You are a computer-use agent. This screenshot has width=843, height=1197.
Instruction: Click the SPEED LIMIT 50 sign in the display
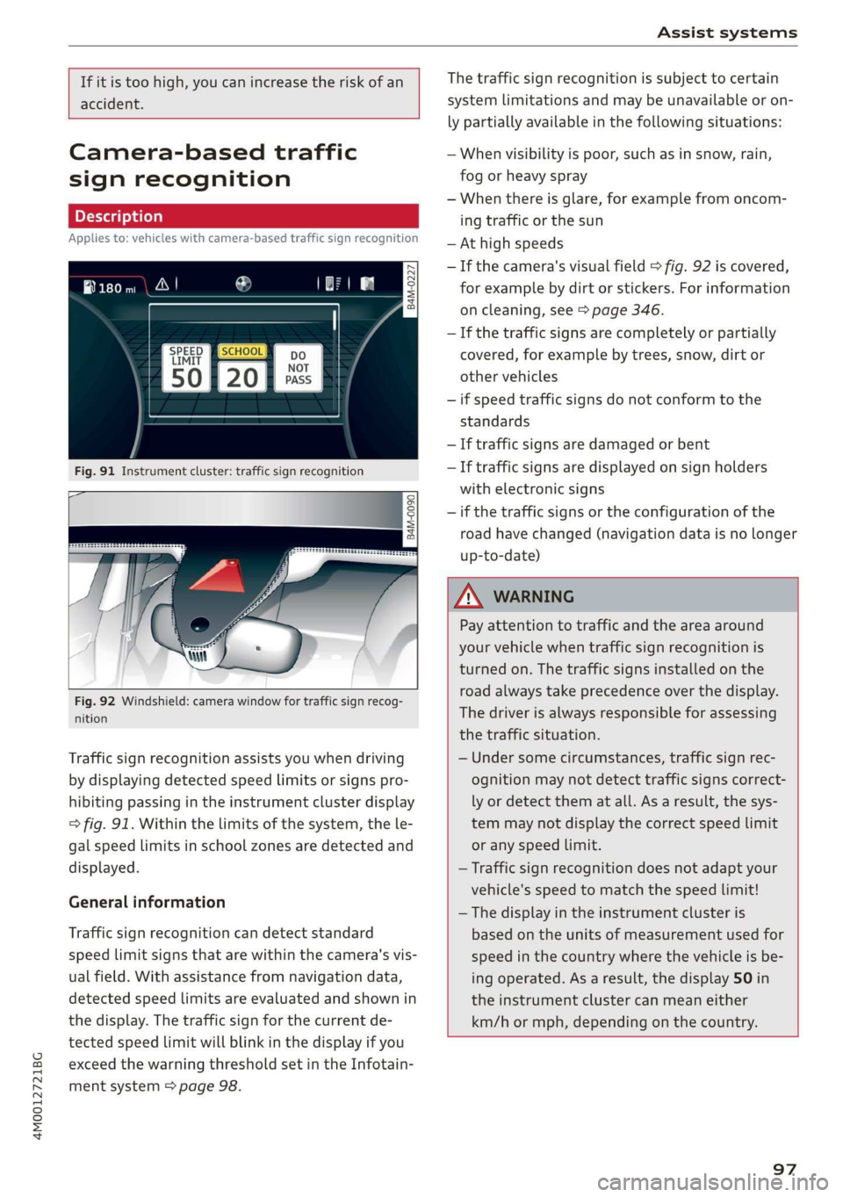point(186,367)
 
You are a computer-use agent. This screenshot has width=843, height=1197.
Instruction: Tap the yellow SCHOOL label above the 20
point(241,351)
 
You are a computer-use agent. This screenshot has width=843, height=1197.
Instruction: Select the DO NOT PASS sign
point(298,368)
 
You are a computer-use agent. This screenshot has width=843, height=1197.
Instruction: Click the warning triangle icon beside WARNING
point(468,597)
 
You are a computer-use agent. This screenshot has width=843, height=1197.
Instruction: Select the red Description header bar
point(243,216)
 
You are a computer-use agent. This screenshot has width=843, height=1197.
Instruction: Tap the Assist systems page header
point(727,32)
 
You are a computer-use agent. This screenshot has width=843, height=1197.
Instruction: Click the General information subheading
point(147,902)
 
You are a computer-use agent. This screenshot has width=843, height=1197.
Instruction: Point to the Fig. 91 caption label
point(95,472)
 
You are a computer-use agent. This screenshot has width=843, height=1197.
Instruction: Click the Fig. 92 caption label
point(95,702)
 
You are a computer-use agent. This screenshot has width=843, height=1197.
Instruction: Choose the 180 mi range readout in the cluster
point(111,288)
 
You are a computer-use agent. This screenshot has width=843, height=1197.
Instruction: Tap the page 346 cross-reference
point(627,310)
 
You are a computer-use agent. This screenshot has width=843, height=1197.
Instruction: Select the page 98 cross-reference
point(209,1086)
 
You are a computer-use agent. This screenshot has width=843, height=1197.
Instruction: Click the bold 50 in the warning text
point(743,978)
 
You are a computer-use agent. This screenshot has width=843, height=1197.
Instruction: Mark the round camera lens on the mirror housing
point(200,624)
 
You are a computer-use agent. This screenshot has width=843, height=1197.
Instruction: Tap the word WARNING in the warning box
point(533,597)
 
